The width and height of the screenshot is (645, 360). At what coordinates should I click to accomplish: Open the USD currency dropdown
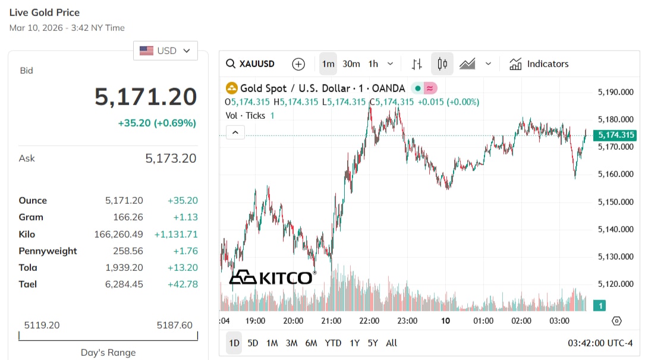[165, 50]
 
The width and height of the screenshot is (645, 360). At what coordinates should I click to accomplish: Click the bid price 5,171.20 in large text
[146, 97]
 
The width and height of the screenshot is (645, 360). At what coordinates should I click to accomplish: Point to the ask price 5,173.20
[171, 158]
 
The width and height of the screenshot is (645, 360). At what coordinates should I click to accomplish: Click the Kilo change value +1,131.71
[176, 234]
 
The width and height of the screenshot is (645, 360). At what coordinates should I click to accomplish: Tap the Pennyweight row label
[48, 251]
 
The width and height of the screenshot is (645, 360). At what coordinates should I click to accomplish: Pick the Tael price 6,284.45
[124, 284]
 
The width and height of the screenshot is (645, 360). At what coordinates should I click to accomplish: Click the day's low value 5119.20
[42, 325]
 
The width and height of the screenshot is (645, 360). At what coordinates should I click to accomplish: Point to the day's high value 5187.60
[174, 325]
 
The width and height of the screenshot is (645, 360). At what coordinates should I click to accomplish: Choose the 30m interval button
[351, 64]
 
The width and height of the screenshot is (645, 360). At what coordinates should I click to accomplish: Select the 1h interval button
[373, 64]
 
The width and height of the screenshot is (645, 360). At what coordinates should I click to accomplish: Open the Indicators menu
[539, 64]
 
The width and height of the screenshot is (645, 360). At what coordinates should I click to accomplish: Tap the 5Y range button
[373, 343]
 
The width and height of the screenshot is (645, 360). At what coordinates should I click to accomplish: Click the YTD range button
[333, 343]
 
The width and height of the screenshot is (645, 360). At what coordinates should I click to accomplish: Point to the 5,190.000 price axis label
[615, 92]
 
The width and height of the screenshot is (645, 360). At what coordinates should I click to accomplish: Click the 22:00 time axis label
[369, 321]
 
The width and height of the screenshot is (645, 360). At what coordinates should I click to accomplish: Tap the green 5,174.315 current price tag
[616, 135]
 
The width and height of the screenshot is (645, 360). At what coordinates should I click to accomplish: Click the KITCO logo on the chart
[272, 277]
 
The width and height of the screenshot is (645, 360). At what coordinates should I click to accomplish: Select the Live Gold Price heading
[45, 12]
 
